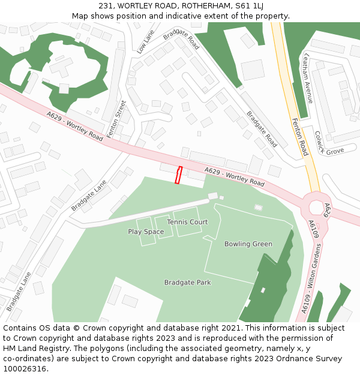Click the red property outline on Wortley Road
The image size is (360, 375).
coord(178,175)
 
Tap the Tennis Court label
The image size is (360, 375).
coord(187,222)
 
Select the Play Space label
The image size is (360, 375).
coord(146,232)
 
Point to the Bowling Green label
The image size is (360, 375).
coord(248,244)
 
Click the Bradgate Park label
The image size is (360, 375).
coord(188,282)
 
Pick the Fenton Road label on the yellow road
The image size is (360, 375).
coord(299,136)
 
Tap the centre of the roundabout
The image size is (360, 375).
coord(316,208)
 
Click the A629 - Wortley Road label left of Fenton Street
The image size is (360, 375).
coord(74,126)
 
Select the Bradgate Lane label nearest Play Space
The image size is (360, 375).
coord(88,196)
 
